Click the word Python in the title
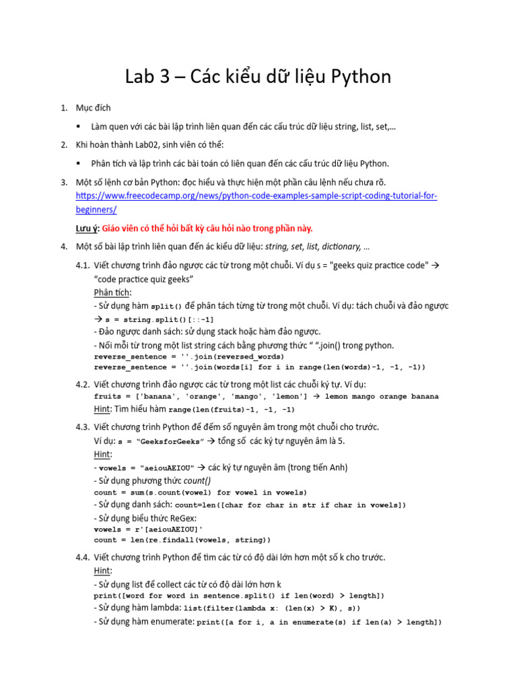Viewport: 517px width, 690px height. tap(360, 77)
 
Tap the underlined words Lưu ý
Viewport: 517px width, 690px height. tap(85, 228)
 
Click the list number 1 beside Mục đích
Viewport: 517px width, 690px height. tap(64, 108)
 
